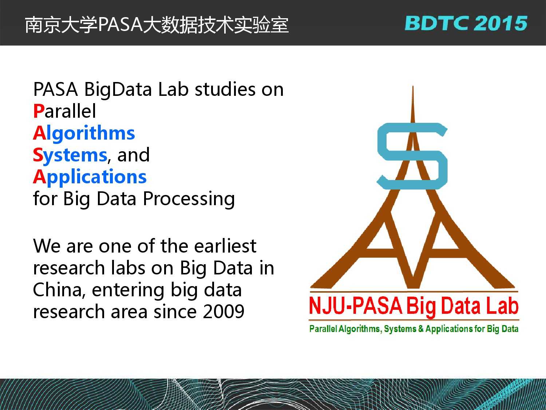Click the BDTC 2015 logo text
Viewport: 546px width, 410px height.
(x=466, y=23)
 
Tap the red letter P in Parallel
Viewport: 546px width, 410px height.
(x=39, y=111)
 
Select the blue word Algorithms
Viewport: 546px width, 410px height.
(x=84, y=133)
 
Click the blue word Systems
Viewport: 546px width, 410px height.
(x=70, y=155)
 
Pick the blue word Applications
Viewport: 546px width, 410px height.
(x=90, y=177)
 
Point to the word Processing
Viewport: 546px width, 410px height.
(x=189, y=199)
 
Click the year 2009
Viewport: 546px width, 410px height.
(x=223, y=312)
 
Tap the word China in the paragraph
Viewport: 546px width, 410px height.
(x=59, y=290)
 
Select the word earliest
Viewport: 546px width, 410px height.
(x=225, y=246)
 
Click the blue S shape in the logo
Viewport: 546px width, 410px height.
(x=412, y=156)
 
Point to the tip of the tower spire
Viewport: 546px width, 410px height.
(x=413, y=86)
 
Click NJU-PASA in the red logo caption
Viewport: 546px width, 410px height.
(x=356, y=306)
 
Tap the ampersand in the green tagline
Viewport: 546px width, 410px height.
(x=421, y=329)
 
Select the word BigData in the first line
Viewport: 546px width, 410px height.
(x=118, y=90)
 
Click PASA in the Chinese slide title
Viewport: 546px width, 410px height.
(x=120, y=25)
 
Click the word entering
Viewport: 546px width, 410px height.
(x=128, y=291)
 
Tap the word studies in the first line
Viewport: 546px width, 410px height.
(x=225, y=89)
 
